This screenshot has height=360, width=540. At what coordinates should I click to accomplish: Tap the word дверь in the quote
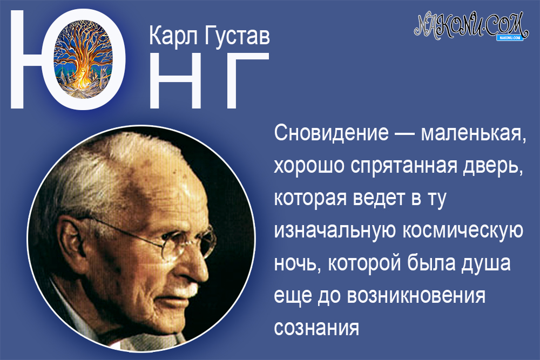click(x=492, y=166)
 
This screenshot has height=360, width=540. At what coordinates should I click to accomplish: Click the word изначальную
click(x=335, y=230)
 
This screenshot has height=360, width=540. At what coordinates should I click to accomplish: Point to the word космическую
click(x=464, y=230)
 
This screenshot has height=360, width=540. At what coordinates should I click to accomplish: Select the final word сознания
click(x=316, y=328)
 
